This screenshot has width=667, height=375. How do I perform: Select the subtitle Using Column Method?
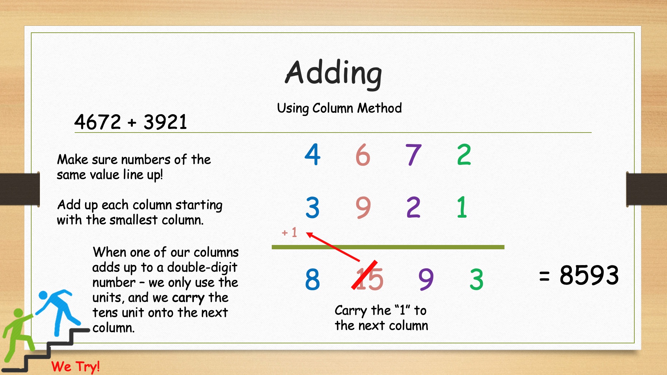(x=339, y=108)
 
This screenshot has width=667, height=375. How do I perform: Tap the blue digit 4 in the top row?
(x=312, y=154)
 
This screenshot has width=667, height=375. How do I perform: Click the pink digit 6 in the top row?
(x=363, y=155)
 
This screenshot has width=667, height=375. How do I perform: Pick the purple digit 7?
(x=413, y=155)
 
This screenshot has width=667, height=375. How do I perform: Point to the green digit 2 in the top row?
(x=464, y=154)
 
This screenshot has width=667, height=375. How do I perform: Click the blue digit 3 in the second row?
(x=312, y=208)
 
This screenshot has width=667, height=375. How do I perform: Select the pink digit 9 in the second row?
(x=363, y=208)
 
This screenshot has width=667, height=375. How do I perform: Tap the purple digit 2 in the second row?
(x=413, y=207)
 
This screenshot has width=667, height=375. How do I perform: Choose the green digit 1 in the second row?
(x=462, y=207)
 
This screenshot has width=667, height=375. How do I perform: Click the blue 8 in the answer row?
(x=312, y=279)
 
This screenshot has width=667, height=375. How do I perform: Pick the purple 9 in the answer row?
(x=426, y=279)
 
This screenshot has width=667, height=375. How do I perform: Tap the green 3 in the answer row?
(x=476, y=279)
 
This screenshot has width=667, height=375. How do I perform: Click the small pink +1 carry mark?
(x=290, y=232)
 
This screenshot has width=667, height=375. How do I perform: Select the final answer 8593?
(x=589, y=275)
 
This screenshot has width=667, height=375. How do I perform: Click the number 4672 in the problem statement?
(x=98, y=122)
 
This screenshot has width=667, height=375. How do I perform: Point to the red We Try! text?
(x=75, y=367)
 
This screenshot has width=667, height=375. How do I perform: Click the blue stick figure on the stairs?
(x=57, y=311)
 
